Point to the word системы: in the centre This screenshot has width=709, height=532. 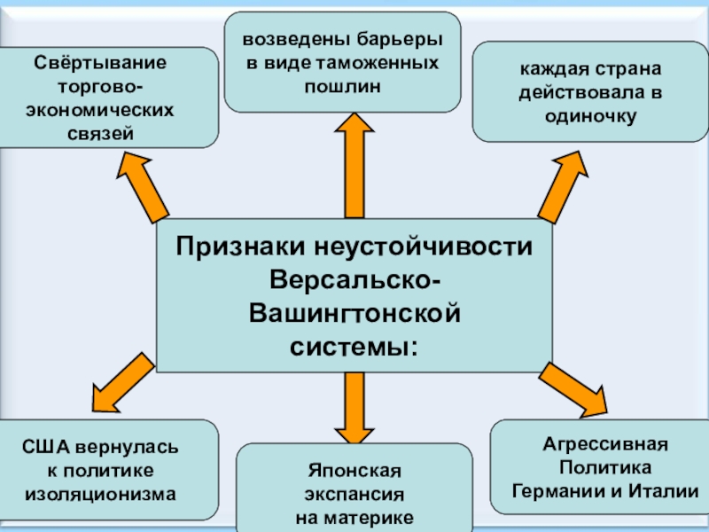354,343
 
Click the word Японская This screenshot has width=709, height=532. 354,470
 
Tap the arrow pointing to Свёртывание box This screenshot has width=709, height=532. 144,187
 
